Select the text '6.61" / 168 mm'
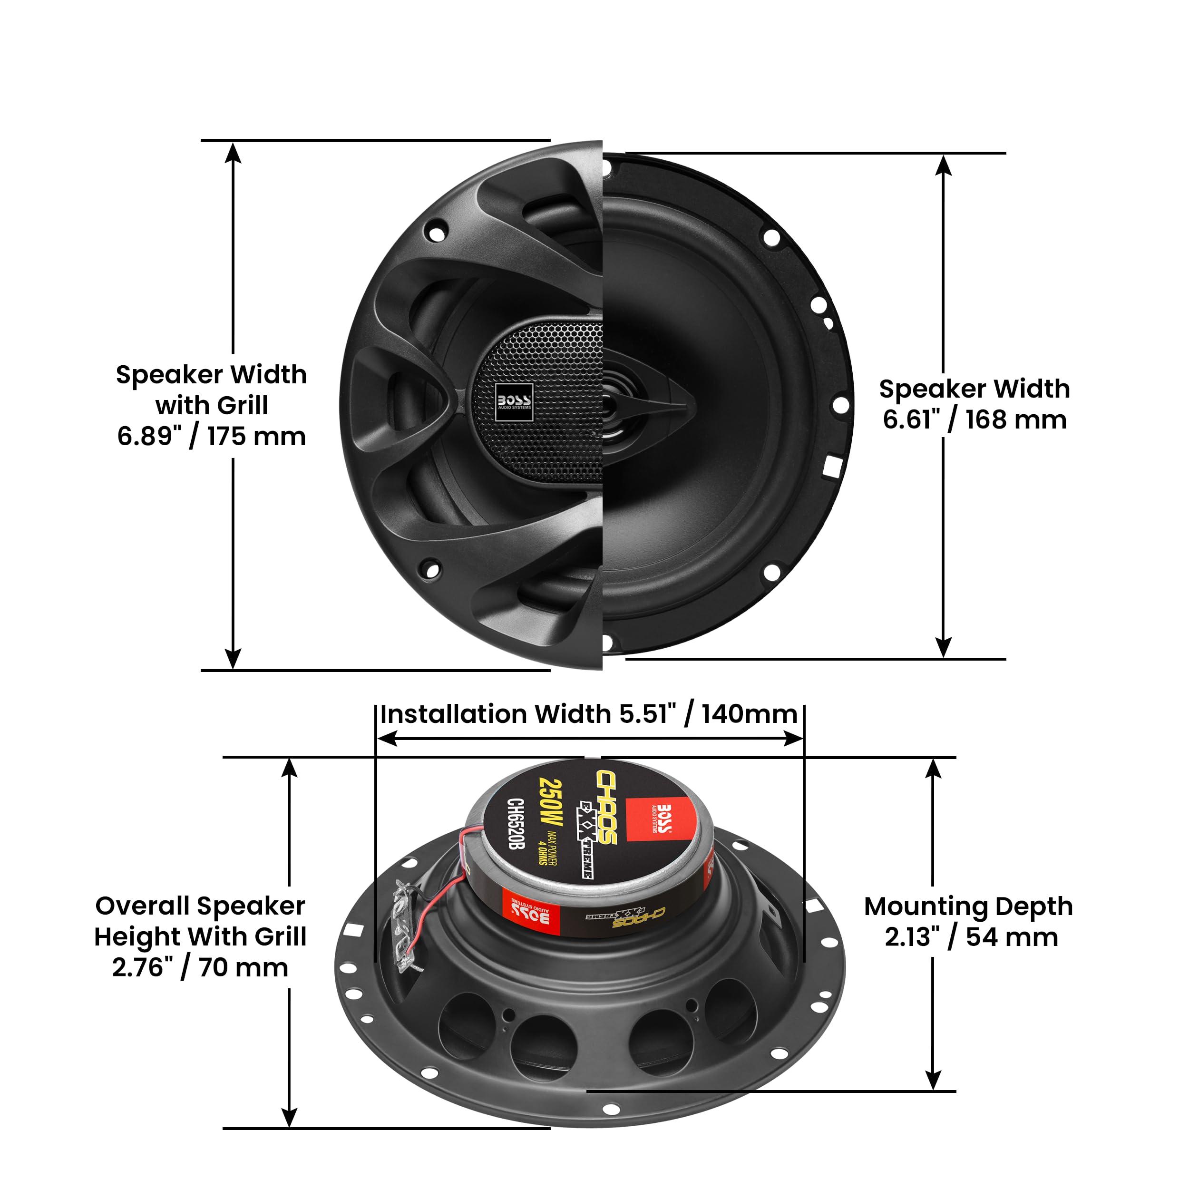point(974,420)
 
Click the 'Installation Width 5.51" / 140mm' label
point(588,714)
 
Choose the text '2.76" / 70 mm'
point(200,967)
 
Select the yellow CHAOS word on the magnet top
point(606,806)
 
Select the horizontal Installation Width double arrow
point(590,739)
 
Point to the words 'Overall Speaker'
point(200,906)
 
